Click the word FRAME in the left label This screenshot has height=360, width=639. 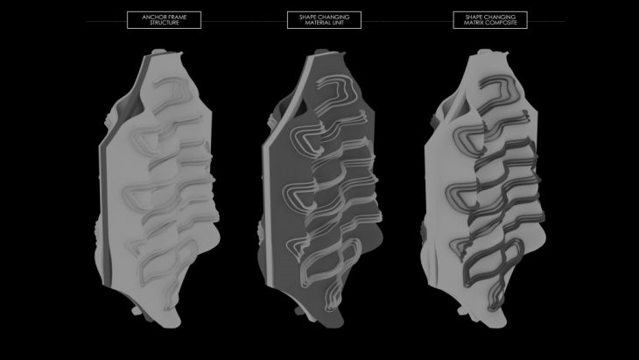click(178, 18)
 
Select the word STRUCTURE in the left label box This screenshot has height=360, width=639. click(165, 23)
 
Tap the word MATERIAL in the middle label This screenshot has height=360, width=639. click(317, 23)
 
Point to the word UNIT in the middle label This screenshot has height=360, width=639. click(337, 23)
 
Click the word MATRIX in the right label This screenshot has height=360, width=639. click(474, 23)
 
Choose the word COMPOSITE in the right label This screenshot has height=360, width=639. click(502, 23)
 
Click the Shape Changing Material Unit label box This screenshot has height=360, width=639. click(324, 20)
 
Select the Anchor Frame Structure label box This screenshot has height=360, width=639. click(165, 20)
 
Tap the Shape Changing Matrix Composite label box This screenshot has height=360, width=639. click(490, 20)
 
